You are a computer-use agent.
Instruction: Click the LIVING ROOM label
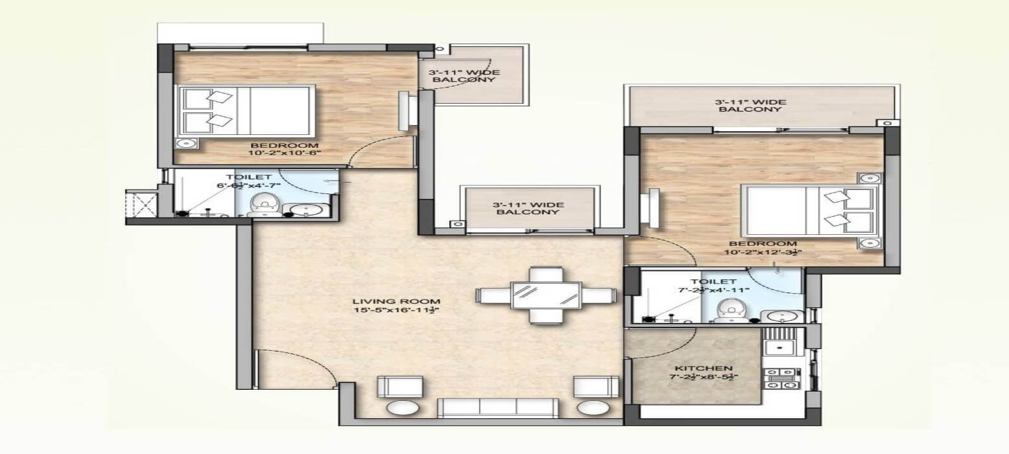[x=397, y=301]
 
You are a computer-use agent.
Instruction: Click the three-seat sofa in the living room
[x=497, y=409]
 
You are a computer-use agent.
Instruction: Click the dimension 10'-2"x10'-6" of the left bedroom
[x=285, y=154]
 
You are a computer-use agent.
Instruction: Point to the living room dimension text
[x=397, y=311]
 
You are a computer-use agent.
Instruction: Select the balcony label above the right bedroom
[x=750, y=106]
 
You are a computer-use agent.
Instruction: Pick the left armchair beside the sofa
[x=399, y=387]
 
